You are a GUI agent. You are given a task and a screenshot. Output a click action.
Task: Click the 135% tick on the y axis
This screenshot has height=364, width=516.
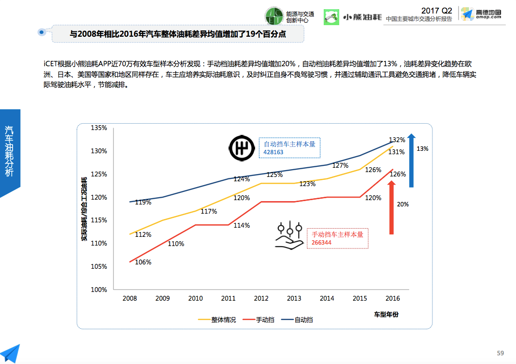[99, 128]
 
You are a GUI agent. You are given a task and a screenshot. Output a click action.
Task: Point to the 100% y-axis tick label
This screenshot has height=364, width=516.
[99, 290]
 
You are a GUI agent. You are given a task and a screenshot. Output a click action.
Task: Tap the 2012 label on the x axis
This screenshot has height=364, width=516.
[261, 298]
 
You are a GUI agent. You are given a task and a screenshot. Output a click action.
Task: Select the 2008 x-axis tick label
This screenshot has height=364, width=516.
[129, 298]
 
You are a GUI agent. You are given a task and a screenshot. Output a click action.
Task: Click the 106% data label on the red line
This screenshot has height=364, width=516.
[143, 262]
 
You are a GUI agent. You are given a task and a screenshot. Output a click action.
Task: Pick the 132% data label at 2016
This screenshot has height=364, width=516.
[397, 140]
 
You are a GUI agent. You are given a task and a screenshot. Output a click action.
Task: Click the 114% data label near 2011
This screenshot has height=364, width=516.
[242, 225]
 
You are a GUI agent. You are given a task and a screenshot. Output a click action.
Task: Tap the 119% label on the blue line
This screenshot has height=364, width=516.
[143, 202]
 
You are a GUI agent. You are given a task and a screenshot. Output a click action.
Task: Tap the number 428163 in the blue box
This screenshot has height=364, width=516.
[273, 152]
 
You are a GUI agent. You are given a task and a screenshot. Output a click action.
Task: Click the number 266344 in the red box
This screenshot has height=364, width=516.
[321, 242]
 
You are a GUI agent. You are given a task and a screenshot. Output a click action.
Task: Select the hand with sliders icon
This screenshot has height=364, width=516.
[289, 237]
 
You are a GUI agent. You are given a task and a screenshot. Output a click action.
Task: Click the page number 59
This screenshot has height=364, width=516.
[501, 353]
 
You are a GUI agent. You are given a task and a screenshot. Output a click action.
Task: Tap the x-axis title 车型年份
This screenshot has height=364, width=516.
[386, 315]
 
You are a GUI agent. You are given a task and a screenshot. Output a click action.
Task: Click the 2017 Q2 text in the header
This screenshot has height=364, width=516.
[437, 10]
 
